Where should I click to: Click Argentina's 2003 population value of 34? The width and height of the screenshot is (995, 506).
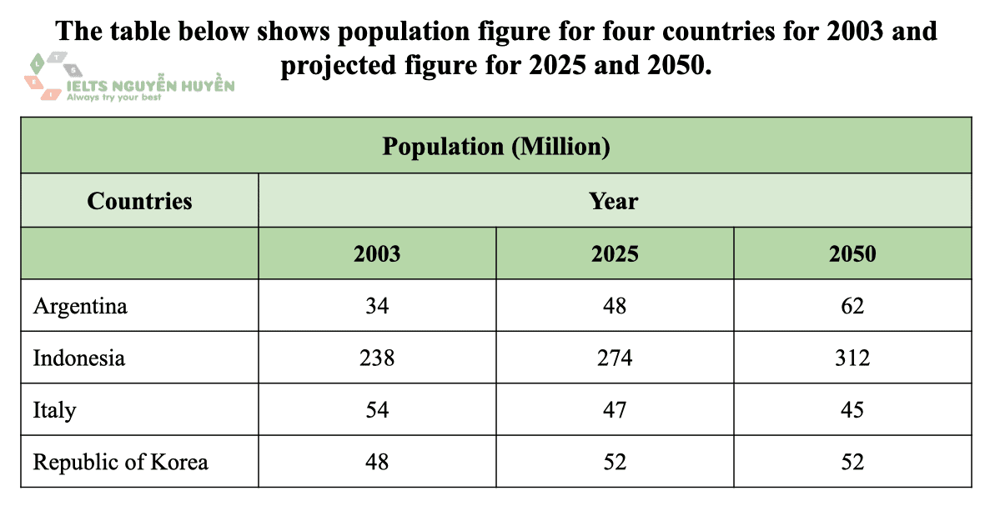tap(377, 306)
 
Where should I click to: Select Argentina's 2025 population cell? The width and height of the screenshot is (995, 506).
tap(615, 306)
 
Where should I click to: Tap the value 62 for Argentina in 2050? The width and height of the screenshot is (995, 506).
tap(852, 306)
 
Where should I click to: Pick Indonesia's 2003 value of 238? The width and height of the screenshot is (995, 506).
tap(377, 358)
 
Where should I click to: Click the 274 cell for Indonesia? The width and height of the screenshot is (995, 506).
tap(615, 358)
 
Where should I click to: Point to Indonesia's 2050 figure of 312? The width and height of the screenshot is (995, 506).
tap(852, 358)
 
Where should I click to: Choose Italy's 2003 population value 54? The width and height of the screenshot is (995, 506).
tap(377, 409)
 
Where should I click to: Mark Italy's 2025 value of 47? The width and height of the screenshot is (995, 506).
tap(615, 409)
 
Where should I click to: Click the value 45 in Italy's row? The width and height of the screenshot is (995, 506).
tap(852, 409)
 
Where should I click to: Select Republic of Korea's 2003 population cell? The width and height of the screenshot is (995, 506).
tap(377, 461)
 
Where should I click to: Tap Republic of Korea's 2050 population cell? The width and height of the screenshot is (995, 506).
tap(852, 461)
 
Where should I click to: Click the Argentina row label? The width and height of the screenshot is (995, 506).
tap(80, 306)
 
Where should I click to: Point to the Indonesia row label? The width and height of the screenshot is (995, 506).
tap(79, 358)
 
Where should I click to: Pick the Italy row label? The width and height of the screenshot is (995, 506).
tap(54, 409)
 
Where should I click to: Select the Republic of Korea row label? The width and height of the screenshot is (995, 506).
tap(120, 461)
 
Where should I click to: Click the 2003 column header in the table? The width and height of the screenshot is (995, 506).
tap(377, 253)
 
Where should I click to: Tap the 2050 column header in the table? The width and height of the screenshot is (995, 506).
tap(852, 253)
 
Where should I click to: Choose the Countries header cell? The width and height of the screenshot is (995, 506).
tap(139, 201)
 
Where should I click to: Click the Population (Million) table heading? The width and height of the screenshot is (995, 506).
tap(496, 146)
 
